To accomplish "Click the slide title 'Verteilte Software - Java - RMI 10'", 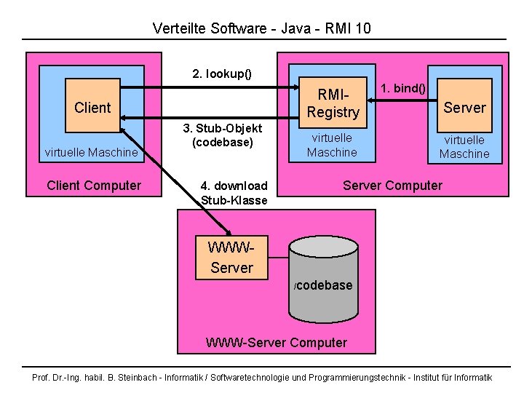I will click(262, 28).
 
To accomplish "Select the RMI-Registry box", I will click(333, 103).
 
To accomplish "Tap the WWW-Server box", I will click(231, 258).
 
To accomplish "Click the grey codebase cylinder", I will click(324, 280).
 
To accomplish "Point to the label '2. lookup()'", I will click(221, 74).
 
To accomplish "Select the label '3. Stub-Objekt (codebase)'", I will click(223, 135).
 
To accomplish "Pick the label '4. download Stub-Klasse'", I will click(234, 193).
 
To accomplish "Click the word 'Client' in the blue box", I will click(92, 108).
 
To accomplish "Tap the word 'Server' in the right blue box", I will click(464, 108).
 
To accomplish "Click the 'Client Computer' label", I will click(94, 185).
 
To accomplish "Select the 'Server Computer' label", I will click(392, 185).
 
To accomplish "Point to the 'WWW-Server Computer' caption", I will click(277, 342).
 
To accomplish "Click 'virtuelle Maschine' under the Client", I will click(91, 152).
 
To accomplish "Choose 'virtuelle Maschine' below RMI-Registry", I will click(332, 145).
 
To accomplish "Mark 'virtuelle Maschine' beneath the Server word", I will click(464, 146).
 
